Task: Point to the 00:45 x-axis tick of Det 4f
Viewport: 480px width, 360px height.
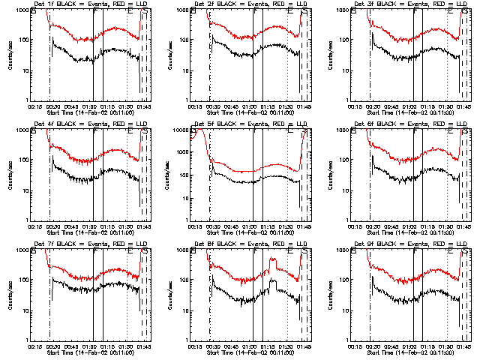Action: tap(73, 226)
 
